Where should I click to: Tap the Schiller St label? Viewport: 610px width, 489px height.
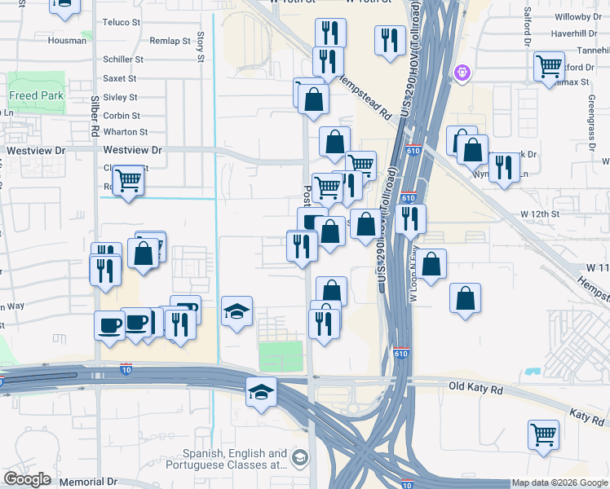[123, 59]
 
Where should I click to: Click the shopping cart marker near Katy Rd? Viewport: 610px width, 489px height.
[543, 434]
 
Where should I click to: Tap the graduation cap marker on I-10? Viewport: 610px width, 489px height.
[261, 392]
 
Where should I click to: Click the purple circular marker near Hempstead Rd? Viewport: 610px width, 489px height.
[462, 73]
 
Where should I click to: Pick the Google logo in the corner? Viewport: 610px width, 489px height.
[28, 479]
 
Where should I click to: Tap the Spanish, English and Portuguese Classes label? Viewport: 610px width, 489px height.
[234, 460]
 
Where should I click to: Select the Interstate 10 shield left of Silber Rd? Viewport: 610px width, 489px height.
[126, 369]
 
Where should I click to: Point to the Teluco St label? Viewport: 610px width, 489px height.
[122, 22]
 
